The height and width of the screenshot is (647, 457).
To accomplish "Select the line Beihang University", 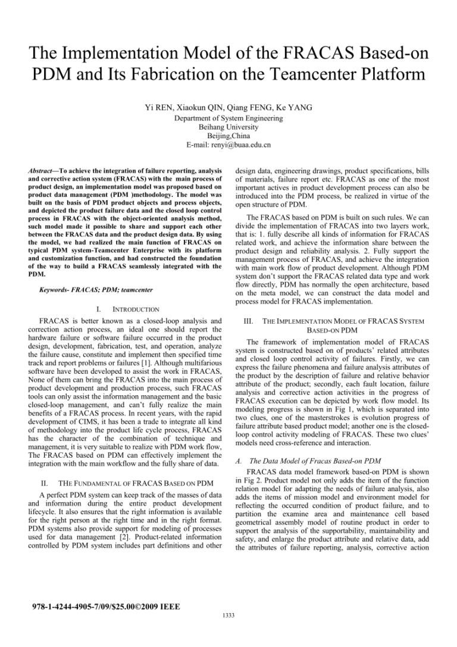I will [x=228, y=127].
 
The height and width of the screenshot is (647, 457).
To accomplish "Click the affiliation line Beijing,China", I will [x=228, y=136].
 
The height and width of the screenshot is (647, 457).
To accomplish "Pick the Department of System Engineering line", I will [x=228, y=119].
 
